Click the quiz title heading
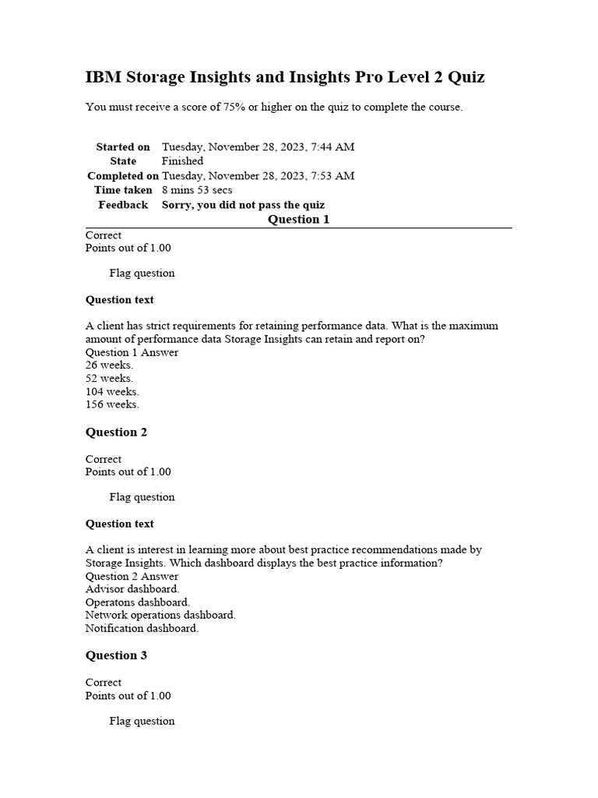[x=285, y=77]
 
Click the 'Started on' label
[x=123, y=147]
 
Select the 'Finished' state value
[x=182, y=161]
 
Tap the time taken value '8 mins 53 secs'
[x=197, y=190]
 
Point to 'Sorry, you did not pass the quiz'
[x=243, y=205]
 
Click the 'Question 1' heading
[x=298, y=220]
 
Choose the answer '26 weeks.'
[x=109, y=365]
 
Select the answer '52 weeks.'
[x=109, y=379]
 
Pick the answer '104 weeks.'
[x=112, y=392]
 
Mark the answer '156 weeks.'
[x=112, y=404]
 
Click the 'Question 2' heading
[x=116, y=433]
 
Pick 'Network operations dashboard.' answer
[x=160, y=615]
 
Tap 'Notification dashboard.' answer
[x=142, y=628]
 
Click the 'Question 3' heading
[x=116, y=655]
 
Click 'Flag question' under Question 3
[x=142, y=721]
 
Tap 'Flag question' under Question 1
[x=142, y=274]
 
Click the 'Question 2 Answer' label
[x=132, y=577]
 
